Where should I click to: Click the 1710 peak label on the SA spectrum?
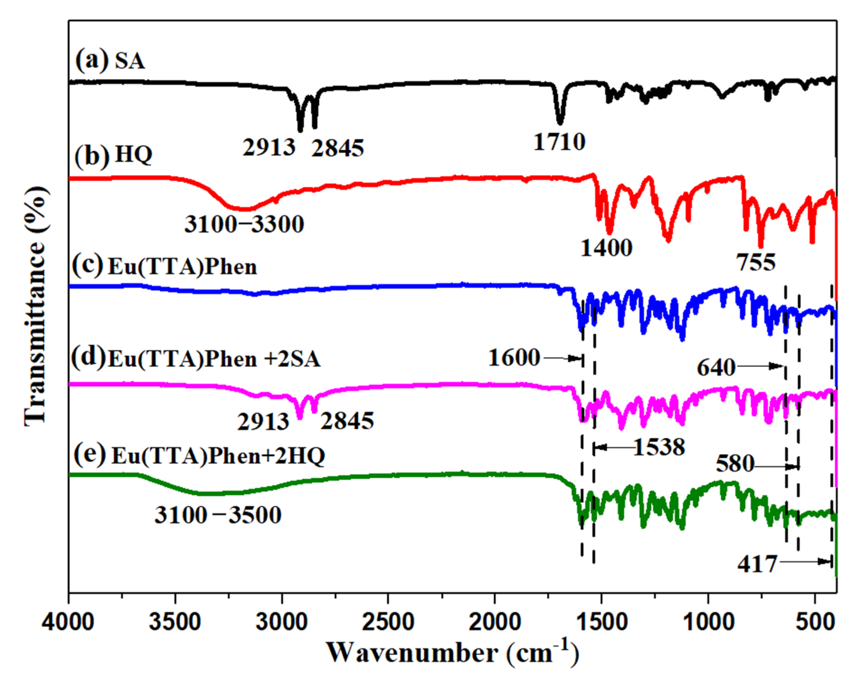(x=559, y=142)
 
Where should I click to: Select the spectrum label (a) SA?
(x=110, y=61)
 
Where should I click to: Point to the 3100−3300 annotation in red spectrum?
(x=244, y=224)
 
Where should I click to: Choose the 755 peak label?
(x=756, y=262)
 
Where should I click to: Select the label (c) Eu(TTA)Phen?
(x=164, y=266)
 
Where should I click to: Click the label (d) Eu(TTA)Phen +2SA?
(x=196, y=358)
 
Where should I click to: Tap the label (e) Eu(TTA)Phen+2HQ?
(x=199, y=455)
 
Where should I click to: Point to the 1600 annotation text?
(x=514, y=357)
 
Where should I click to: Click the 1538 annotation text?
(x=659, y=447)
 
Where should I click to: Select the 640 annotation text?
(x=716, y=367)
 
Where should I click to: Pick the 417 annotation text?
(x=757, y=564)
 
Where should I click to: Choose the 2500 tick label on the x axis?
(x=388, y=622)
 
